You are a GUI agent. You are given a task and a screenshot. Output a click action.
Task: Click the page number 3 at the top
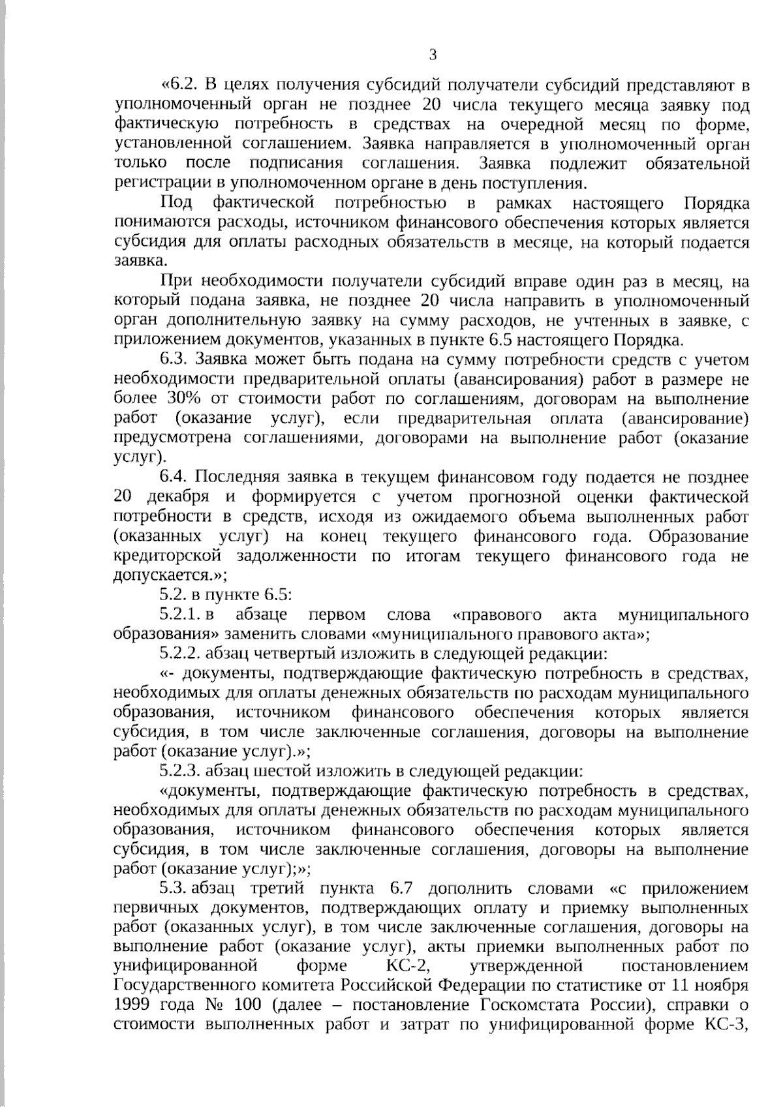coord(432,55)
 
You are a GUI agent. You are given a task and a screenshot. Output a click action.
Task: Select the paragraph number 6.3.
coord(175,359)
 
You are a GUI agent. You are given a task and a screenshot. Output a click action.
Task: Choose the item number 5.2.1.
coord(181,614)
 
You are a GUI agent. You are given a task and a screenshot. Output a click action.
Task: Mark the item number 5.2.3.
coord(181,771)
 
